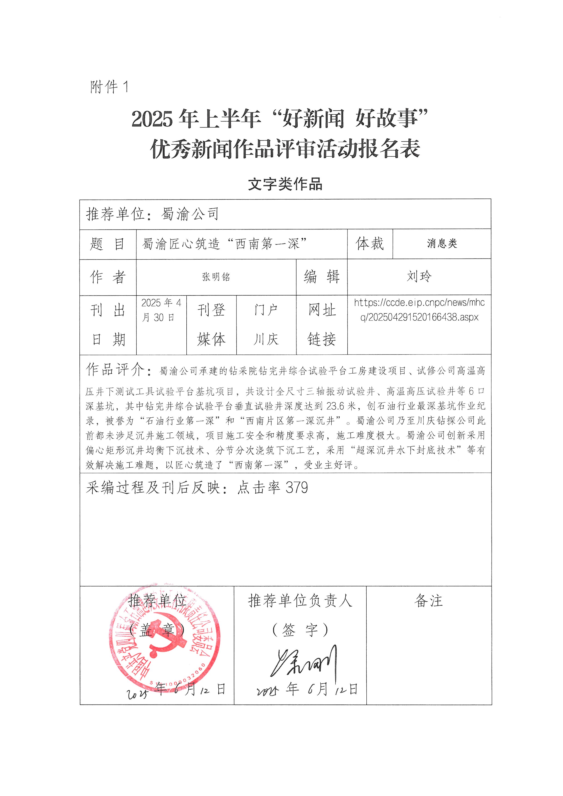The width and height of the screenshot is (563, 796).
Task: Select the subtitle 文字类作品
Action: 285,184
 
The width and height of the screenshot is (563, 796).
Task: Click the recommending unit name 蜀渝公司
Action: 190,214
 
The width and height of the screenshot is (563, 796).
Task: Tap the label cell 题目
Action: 107,244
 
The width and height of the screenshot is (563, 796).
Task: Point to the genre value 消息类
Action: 442,244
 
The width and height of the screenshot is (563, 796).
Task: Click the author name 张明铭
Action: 216,277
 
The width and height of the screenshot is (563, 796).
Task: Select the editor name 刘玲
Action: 419,277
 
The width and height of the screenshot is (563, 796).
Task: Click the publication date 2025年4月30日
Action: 161,310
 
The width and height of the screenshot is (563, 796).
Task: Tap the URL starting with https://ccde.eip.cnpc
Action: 419,310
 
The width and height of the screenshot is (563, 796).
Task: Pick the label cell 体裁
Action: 370,244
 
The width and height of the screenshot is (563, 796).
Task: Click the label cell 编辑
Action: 321,277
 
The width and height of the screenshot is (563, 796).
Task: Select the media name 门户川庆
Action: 266,325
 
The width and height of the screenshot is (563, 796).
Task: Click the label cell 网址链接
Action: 322,325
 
